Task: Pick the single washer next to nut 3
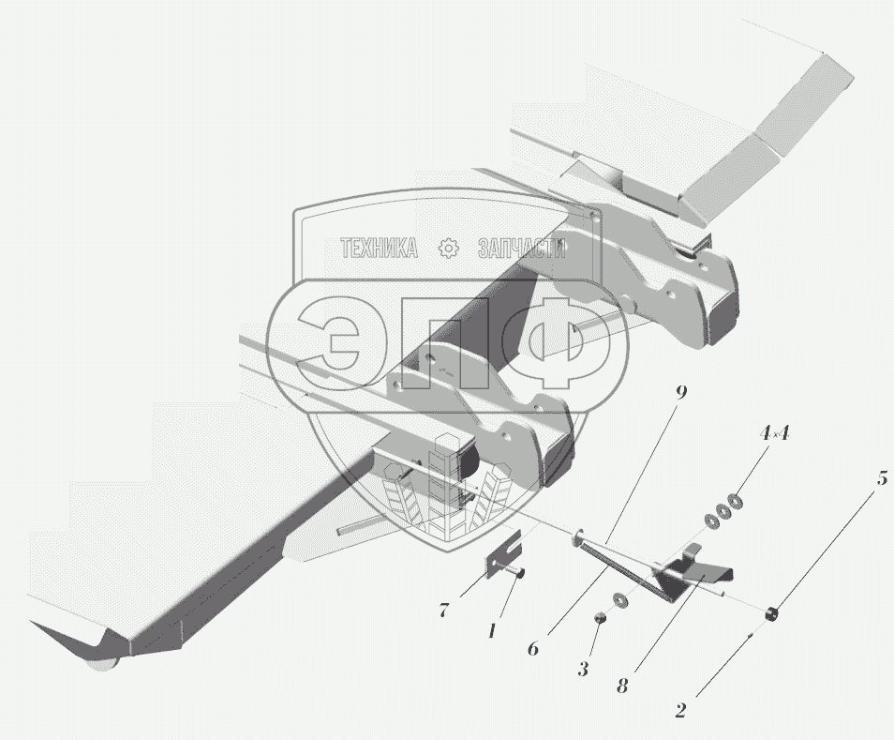tap(619, 600)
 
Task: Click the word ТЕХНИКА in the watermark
tap(379, 248)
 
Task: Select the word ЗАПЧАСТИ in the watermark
tap(522, 248)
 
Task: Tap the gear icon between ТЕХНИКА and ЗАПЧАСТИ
tap(448, 248)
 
